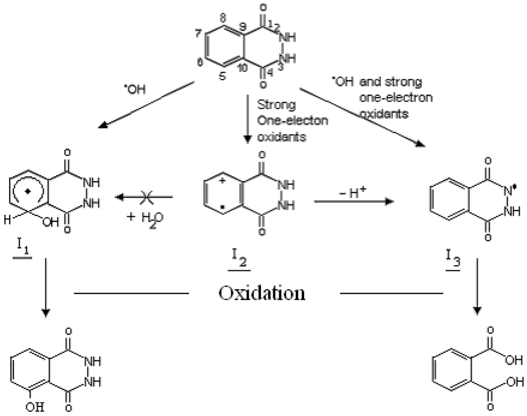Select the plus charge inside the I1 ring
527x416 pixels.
click(x=30, y=190)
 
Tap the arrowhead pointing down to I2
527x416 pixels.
click(x=248, y=138)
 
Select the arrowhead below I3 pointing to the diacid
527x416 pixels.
click(x=478, y=311)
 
